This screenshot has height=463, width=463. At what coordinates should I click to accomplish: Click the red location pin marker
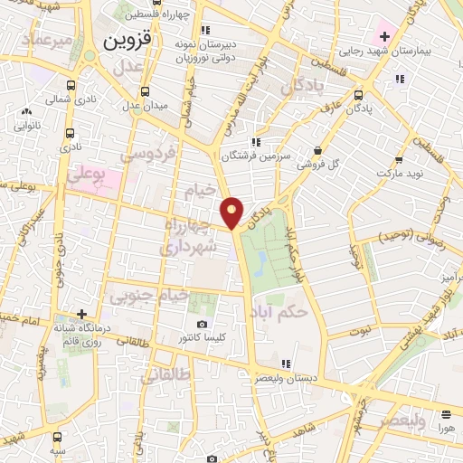coord(233,212)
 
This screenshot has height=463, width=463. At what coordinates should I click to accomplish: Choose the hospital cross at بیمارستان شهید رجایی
coord(385,37)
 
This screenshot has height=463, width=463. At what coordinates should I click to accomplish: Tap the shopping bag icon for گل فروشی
coord(317,150)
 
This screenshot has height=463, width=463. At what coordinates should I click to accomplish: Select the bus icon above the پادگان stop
coord(359,94)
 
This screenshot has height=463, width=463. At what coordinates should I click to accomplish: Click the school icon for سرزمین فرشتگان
coord(257,141)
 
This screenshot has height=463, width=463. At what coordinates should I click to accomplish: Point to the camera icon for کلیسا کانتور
coord(202,324)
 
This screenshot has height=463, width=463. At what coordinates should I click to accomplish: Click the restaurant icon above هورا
coord(446,414)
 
